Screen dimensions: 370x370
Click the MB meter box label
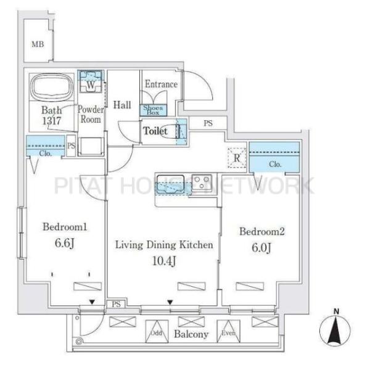[x=38, y=44]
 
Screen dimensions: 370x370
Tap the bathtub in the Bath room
[x=52, y=86]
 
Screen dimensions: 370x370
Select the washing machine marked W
[x=91, y=81]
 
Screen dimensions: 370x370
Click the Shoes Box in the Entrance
[x=153, y=110]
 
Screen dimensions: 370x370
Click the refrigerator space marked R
[x=237, y=158]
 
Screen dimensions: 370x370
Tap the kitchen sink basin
[x=171, y=185]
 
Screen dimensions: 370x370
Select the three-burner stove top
[x=202, y=182]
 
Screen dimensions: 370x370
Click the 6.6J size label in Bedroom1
[x=65, y=243]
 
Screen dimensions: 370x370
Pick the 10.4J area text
[x=164, y=261]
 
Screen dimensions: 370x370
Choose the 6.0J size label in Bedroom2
[x=261, y=248]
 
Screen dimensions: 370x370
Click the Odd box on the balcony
[x=157, y=332]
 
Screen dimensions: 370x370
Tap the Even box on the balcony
[x=228, y=332]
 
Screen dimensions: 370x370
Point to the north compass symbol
[x=335, y=330]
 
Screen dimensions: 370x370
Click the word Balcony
[x=191, y=334]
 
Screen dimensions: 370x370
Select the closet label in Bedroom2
[x=275, y=164]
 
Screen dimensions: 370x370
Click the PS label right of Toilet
[x=208, y=123]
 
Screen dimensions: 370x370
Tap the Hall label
[x=122, y=105]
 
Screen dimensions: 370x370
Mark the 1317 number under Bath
[x=52, y=121]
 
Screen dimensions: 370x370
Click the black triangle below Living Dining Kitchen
[x=170, y=302]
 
